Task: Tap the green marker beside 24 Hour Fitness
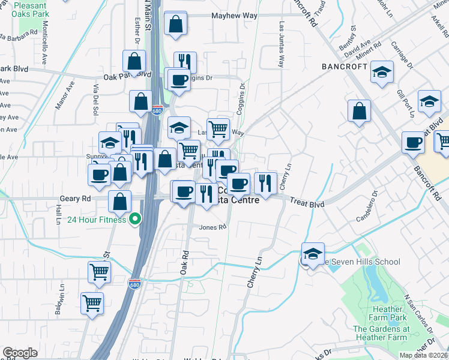pos(135,219)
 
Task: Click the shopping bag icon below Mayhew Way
pos(176,26)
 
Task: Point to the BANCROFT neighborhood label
pos(344,67)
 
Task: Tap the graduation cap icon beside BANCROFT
pos(381,73)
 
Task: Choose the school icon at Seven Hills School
pos(312,254)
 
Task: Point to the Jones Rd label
pos(213,227)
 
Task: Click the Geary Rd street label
pos(75,198)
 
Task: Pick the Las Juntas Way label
pos(281,44)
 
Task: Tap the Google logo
pos(20,353)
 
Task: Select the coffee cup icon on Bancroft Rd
pos(413,143)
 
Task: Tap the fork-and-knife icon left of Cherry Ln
pos(265,182)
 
